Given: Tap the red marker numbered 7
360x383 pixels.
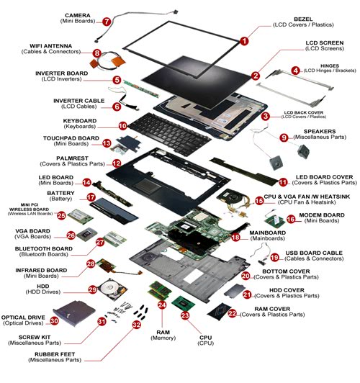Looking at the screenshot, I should coord(107,22).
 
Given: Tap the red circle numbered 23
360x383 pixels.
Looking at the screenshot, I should coord(185,315).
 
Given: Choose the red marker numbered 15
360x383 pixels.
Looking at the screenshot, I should coord(259,202).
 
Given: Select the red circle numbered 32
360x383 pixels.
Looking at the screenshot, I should coord(136,324).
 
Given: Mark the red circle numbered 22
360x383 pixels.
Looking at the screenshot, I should coord(232,313).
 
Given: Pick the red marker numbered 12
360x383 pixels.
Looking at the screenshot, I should coord(116,163).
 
